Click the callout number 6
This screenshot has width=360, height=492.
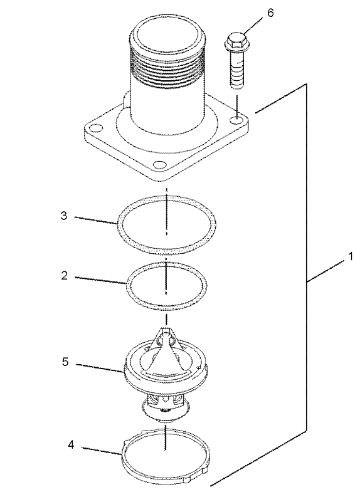[x=270, y=13]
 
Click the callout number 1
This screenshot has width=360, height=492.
[x=351, y=256]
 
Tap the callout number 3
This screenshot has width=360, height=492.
[x=64, y=216]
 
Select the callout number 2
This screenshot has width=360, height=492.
[x=65, y=276]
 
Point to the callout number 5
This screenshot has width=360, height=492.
[x=65, y=362]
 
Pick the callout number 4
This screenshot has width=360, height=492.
[x=71, y=444]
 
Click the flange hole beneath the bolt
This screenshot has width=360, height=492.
[x=237, y=120]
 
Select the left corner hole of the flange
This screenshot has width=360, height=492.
[x=95, y=128]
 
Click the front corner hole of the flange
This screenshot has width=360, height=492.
[x=159, y=165]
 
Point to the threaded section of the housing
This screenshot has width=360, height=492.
[x=167, y=68]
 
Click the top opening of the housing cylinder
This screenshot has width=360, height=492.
[x=167, y=33]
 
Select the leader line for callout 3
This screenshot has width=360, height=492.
[x=95, y=219]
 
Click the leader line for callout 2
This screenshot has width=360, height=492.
[x=100, y=280]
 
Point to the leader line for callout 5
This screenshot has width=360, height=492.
[x=100, y=368]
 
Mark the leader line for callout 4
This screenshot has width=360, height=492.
[x=102, y=450]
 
